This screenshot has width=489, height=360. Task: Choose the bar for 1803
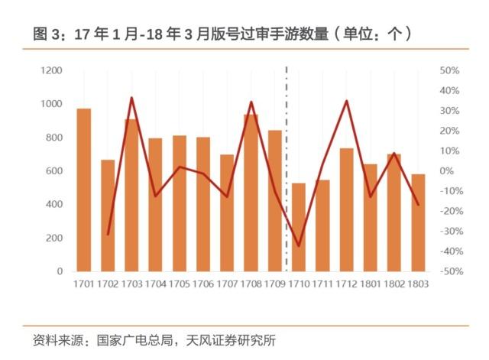tap(418, 222)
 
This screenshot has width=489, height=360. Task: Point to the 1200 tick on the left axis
tap(51, 70)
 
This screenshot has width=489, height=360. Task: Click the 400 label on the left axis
tap(53, 204)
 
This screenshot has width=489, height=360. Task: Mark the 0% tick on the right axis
tap(451, 170)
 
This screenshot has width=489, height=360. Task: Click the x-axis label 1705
tap(179, 284)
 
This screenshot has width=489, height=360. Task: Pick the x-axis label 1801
tap(370, 284)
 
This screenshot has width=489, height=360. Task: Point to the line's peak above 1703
tap(131, 98)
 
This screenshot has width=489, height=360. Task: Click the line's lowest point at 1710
tap(298, 246)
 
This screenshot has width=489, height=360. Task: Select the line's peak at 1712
tap(346, 101)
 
